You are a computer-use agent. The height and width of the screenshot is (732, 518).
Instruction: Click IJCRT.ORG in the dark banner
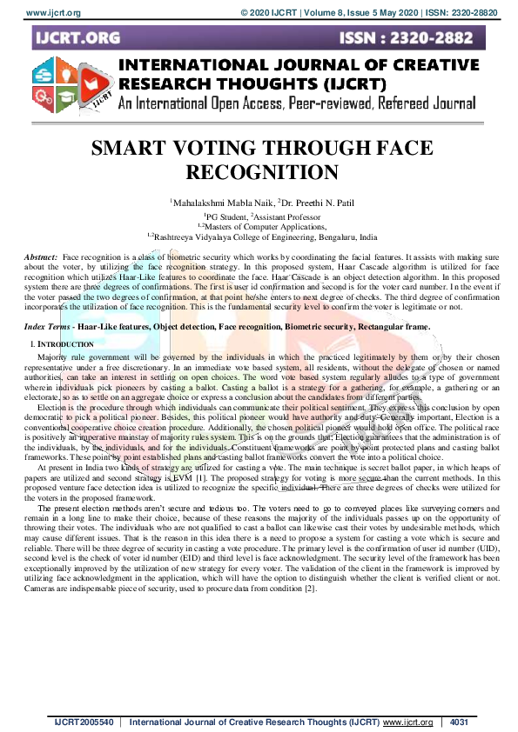point(78,37)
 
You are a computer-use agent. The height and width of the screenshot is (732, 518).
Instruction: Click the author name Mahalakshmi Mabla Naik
point(213,202)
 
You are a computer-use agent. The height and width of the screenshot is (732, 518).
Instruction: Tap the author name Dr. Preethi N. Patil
point(307,202)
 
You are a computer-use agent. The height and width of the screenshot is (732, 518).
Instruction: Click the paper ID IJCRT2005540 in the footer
point(83,722)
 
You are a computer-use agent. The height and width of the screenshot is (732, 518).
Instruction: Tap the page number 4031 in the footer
point(461,722)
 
